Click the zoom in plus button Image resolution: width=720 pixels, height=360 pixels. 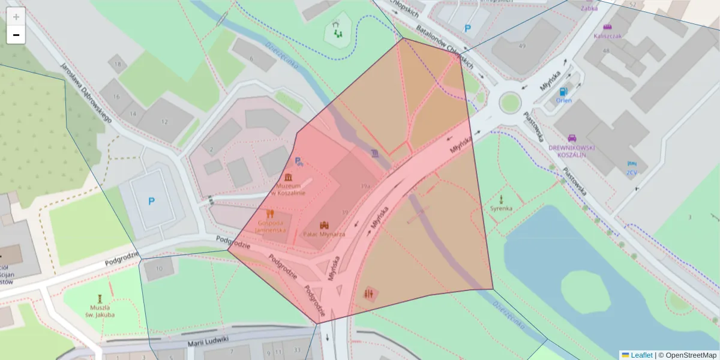point(16,16)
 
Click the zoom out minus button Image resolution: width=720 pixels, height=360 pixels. point(16,35)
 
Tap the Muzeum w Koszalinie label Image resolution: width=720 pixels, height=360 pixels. point(289,189)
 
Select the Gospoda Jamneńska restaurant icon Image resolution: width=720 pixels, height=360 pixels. point(270,214)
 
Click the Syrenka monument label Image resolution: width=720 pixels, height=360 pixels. point(501,208)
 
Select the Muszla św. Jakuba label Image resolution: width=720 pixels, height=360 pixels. point(99,311)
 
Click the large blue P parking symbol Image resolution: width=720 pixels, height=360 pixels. point(151,202)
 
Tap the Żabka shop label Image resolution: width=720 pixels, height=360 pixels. point(589,8)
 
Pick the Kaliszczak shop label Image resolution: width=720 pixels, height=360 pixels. point(607,35)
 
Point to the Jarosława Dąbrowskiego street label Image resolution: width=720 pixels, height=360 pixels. point(86,94)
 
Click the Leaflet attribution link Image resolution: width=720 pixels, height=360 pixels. point(641,355)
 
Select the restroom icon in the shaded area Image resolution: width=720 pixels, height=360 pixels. point(368,293)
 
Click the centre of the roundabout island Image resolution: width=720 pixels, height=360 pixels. point(509,103)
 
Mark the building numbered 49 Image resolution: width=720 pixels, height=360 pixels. point(522,46)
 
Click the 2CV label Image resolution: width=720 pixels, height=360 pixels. point(631,172)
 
